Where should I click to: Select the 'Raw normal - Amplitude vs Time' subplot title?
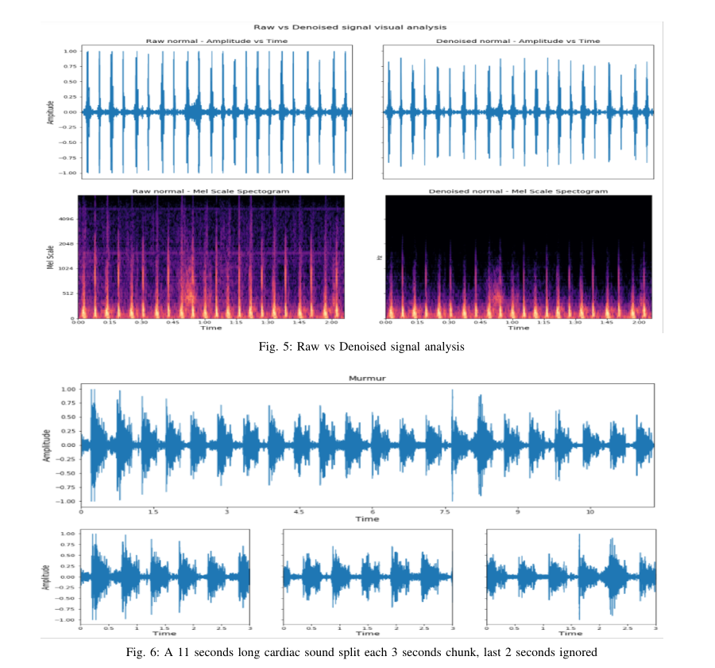(x=211, y=41)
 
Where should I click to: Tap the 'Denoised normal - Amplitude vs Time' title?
(x=518, y=41)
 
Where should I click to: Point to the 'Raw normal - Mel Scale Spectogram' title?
(x=211, y=191)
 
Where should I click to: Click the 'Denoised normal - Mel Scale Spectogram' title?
(x=518, y=191)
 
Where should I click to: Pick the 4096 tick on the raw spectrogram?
(x=65, y=219)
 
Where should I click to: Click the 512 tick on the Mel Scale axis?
(x=68, y=293)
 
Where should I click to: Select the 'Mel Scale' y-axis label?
(x=49, y=256)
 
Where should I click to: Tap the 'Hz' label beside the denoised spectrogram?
(x=376, y=257)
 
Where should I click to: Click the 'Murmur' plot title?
(x=367, y=379)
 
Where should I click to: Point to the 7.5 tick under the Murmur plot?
(x=446, y=511)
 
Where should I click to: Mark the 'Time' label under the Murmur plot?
(x=367, y=519)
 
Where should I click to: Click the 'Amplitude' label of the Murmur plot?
(x=48, y=445)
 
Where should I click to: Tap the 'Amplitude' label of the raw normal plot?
(x=49, y=112)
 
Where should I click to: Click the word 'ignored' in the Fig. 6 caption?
(x=572, y=653)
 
